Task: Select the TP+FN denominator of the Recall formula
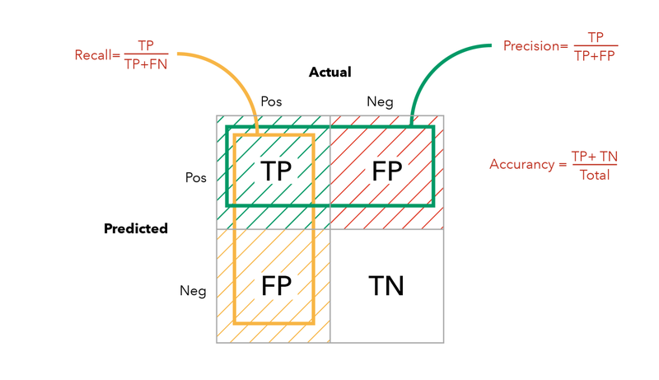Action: (146, 63)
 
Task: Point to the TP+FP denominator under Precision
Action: (595, 55)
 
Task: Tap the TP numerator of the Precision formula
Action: (595, 38)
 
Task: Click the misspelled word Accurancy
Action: (521, 164)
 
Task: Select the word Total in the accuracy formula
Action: (594, 175)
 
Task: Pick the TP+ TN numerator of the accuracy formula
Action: (594, 157)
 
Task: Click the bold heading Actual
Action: (329, 73)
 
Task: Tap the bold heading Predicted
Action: (136, 228)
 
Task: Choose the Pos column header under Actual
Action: (271, 101)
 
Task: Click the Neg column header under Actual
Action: (380, 101)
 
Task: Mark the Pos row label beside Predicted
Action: (195, 177)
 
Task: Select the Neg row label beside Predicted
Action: (193, 290)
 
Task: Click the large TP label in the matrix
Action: (276, 171)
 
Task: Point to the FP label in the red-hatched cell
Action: (386, 171)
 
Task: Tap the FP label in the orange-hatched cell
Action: (276, 286)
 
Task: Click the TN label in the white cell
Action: (386, 286)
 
